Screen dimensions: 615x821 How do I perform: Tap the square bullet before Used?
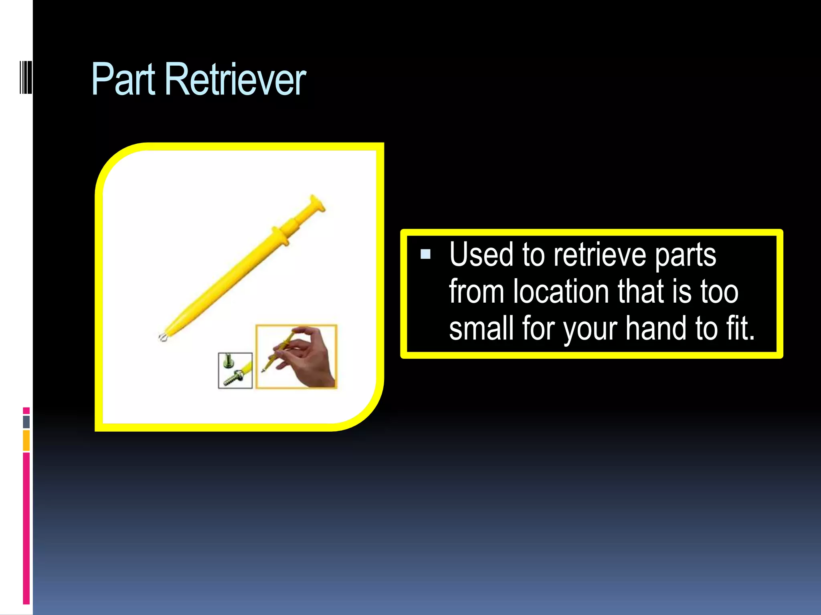pyautogui.click(x=425, y=254)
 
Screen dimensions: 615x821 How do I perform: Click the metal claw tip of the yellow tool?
pyautogui.click(x=163, y=337)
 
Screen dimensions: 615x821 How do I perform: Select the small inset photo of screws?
pyautogui.click(x=235, y=370)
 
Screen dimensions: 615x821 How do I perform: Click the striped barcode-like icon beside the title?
pyautogui.click(x=26, y=77)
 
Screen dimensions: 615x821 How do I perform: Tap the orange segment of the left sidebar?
pyautogui.click(x=26, y=440)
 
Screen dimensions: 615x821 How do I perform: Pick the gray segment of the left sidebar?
pyautogui.click(x=26, y=422)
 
